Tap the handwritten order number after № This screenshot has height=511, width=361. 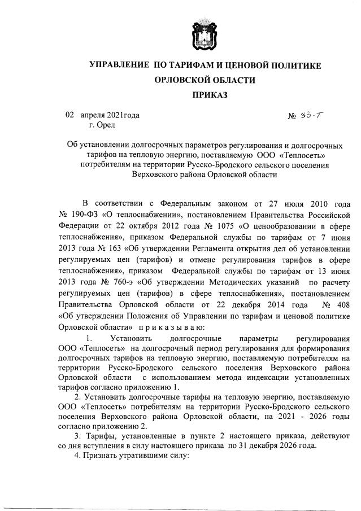[313, 115]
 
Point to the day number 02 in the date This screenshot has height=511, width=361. [70, 115]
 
